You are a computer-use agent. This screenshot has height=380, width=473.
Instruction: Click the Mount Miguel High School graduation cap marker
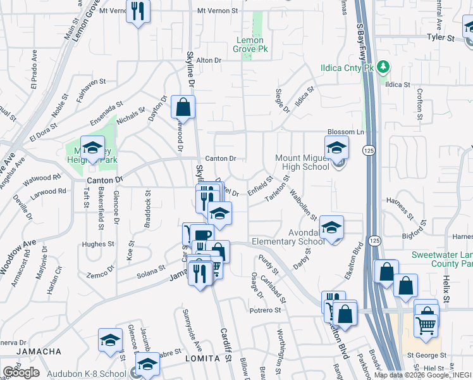[x=336, y=150]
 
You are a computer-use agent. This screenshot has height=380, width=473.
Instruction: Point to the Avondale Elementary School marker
[x=331, y=227]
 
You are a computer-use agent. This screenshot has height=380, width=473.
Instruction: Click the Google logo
[x=21, y=372]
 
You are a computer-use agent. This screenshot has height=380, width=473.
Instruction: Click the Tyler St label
[x=441, y=38]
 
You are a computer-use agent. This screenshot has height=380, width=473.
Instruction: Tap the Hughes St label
[x=97, y=244]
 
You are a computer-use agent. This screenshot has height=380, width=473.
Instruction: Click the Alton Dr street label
[x=210, y=60]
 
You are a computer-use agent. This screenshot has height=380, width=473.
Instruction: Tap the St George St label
[x=427, y=355]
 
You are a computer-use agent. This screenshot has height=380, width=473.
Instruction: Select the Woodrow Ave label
[x=17, y=259]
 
